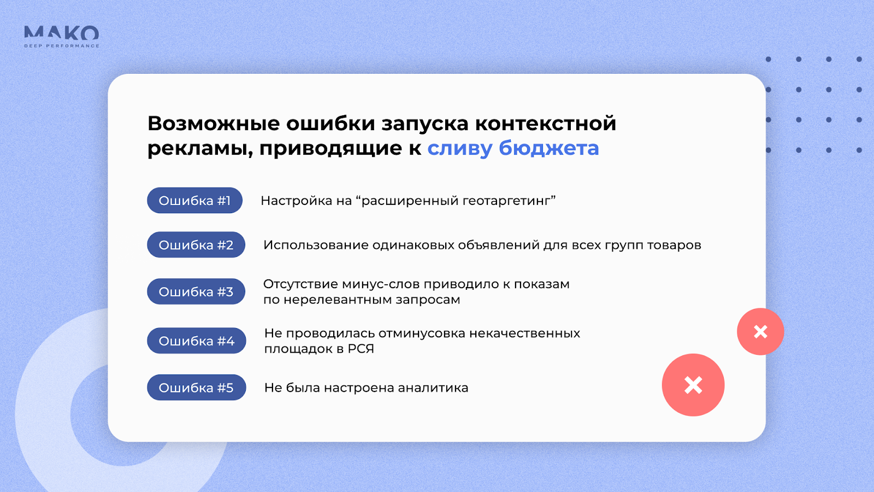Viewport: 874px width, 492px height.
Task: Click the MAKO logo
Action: point(62,33)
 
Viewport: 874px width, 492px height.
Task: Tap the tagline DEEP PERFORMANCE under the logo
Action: point(62,46)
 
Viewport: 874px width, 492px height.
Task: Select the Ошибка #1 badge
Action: point(194,200)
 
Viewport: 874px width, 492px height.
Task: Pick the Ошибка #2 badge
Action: point(196,245)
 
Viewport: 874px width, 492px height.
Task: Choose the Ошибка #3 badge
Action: point(196,291)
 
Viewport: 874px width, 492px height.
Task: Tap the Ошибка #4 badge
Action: point(196,341)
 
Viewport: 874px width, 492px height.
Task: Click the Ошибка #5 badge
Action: point(196,388)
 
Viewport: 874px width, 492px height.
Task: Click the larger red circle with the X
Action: point(693,385)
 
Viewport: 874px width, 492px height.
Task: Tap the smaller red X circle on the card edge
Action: point(760,331)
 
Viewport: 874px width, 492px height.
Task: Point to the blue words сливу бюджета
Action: point(513,148)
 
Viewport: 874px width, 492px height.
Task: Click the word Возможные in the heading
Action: point(214,124)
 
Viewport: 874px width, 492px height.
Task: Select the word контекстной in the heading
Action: point(546,124)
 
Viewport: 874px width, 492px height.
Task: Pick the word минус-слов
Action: point(380,284)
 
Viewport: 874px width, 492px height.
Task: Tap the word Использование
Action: point(316,245)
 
